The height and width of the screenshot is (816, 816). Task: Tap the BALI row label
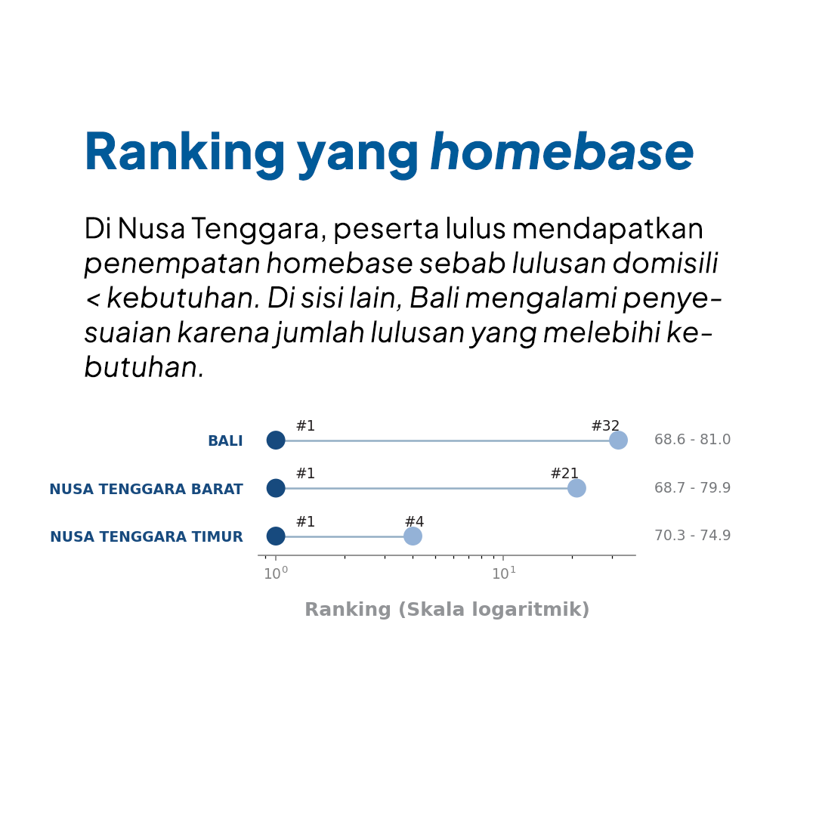point(225,440)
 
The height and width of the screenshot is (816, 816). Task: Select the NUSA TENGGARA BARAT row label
point(147,489)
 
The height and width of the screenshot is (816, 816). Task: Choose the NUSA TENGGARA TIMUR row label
point(147,536)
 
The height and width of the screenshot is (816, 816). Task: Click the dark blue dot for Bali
point(276,440)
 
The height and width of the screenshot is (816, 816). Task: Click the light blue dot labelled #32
point(618,440)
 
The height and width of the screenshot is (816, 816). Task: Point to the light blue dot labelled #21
point(576,488)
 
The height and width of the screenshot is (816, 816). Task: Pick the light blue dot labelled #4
point(413,536)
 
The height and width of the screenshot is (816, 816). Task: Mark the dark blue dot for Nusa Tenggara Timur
point(276,536)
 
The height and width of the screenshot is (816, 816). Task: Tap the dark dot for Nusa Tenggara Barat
point(276,488)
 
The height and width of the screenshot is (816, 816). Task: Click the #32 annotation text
point(605,425)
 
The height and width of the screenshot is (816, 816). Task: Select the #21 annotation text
point(564,473)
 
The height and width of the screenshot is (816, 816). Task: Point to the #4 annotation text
point(414,521)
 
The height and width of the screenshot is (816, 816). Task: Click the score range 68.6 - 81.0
point(692,439)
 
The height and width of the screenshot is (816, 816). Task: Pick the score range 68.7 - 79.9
point(692,487)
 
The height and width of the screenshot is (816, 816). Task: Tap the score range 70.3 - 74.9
point(692,535)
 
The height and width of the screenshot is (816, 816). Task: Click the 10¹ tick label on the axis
point(504,573)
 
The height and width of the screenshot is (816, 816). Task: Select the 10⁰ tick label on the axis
point(276,573)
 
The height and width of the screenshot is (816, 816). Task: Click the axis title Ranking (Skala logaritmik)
point(447,610)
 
